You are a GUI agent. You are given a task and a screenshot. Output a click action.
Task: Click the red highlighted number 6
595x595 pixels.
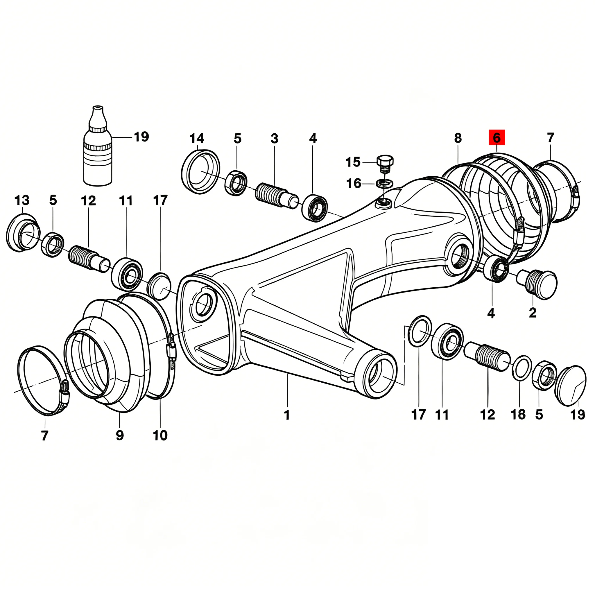[497, 137]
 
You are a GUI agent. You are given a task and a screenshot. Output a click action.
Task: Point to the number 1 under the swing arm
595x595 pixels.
[287, 415]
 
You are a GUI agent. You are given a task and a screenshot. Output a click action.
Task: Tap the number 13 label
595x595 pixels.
[22, 200]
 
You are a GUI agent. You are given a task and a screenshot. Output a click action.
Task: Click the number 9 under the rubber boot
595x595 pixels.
[120, 435]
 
